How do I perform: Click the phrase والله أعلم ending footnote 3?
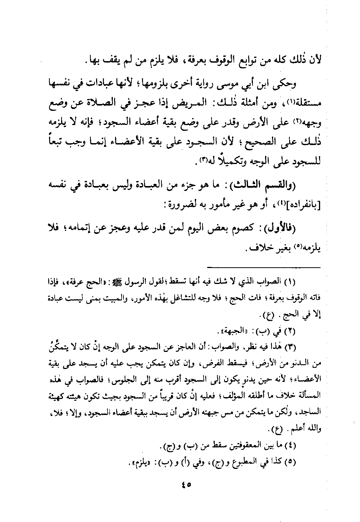pyautogui.click(x=304, y=429)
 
